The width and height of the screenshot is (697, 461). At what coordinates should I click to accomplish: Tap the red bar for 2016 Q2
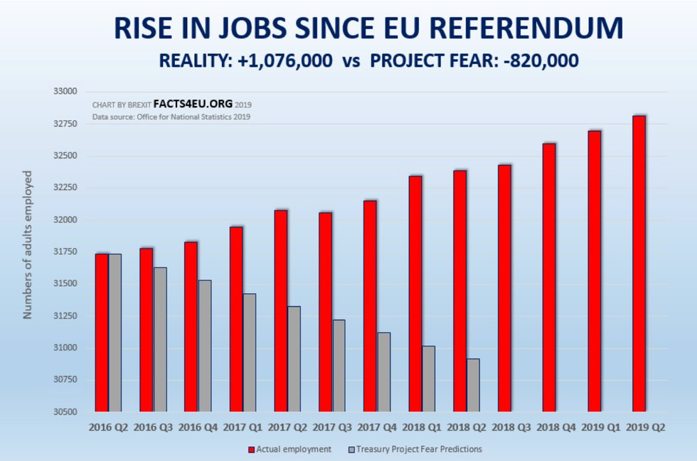point(102,332)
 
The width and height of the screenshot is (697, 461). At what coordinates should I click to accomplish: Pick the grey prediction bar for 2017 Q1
point(249,352)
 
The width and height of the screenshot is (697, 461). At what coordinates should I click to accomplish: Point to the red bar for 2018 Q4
point(549,277)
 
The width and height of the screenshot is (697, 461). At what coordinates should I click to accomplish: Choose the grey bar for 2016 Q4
point(204,346)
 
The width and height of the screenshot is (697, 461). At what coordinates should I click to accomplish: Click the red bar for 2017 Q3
point(325,312)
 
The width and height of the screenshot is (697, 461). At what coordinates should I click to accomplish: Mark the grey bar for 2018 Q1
point(428,378)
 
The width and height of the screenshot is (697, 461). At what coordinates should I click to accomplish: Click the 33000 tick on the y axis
point(65,92)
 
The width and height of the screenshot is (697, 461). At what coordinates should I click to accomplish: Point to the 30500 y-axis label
point(65,412)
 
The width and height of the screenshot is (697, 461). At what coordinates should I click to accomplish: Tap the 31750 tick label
point(65,252)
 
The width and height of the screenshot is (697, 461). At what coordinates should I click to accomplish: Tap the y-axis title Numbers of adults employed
point(28,245)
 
